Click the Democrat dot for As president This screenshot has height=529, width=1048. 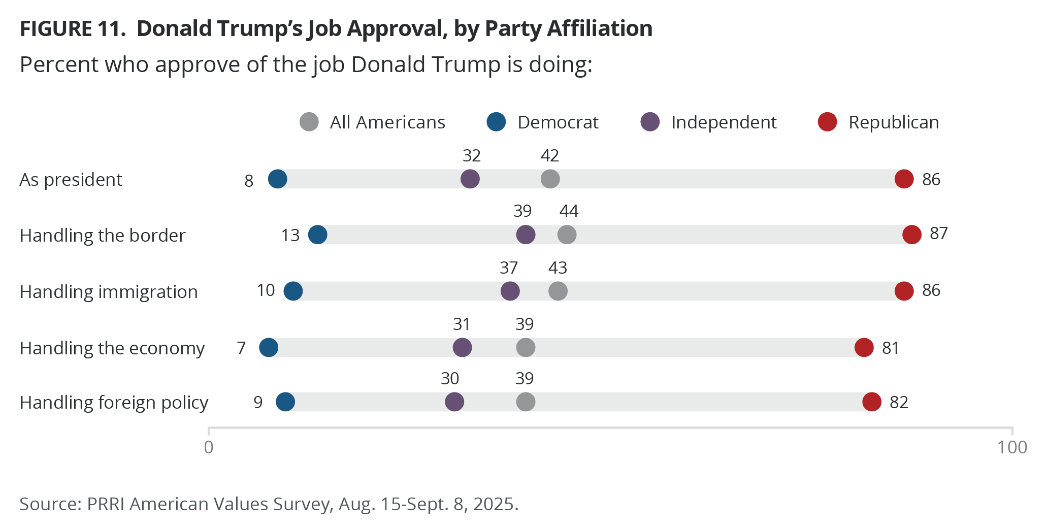277,179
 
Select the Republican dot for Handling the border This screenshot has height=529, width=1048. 912,235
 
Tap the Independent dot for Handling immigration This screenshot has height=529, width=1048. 510,291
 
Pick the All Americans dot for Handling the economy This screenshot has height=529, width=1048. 526,348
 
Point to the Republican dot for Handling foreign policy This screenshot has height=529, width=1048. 872,402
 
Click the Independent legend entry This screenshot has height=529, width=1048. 709,122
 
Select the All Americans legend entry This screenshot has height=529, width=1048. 372,122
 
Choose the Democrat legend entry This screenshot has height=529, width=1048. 542,122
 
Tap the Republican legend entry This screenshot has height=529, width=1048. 878,122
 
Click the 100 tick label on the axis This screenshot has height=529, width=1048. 1012,447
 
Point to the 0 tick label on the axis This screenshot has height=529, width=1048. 209,447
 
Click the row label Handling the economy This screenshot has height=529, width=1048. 112,348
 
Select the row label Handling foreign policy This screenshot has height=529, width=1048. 114,403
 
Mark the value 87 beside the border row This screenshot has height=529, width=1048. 939,234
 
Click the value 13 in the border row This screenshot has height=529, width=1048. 290,236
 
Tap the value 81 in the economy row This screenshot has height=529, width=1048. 891,348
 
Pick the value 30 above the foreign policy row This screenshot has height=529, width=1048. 450,379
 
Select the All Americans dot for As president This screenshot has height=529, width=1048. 550,179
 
